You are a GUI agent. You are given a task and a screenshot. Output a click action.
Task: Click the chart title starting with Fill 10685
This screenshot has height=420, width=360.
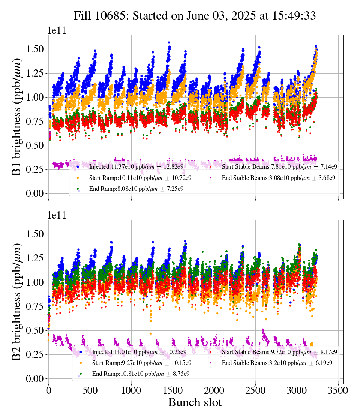pyautogui.click(x=195, y=15)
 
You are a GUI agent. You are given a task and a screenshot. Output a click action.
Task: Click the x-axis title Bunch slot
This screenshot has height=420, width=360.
pyautogui.click(x=195, y=402)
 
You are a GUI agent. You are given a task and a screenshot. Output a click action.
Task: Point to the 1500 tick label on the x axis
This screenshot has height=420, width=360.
pyautogui.click(x=172, y=390)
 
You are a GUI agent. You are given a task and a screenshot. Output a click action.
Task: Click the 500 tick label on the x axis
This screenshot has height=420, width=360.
pyautogui.click(x=90, y=390)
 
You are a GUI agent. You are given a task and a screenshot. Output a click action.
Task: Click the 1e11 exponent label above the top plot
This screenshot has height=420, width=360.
pyautogui.click(x=57, y=30)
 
